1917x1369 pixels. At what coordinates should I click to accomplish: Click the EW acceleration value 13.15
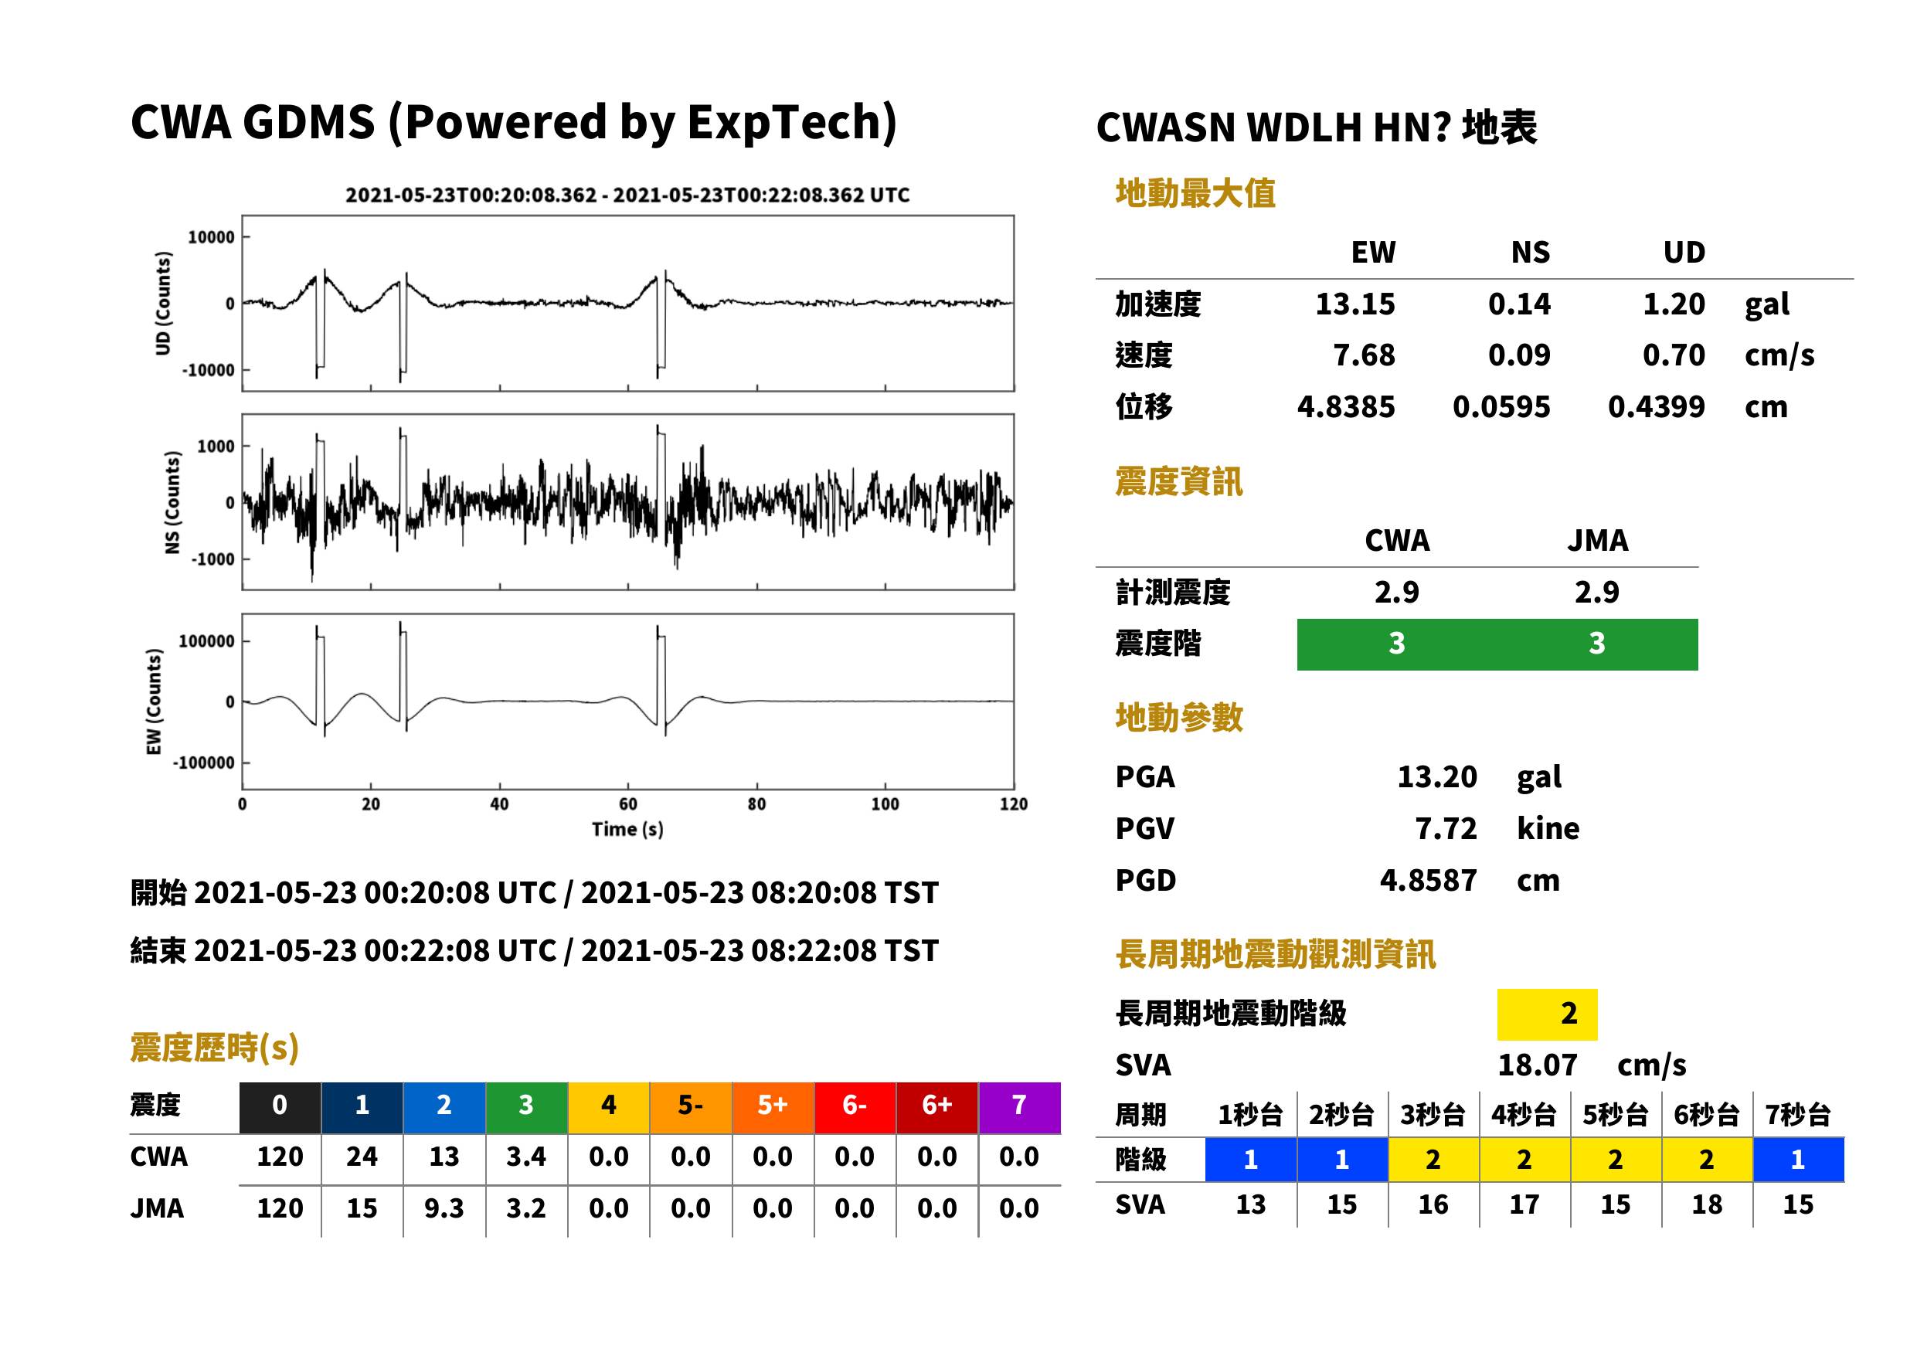pyautogui.click(x=1354, y=304)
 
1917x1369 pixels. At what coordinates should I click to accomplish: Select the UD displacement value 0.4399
pyautogui.click(x=1656, y=406)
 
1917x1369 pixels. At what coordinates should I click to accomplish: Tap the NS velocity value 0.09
pyautogui.click(x=1519, y=355)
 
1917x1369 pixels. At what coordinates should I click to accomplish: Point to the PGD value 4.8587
pyautogui.click(x=1428, y=880)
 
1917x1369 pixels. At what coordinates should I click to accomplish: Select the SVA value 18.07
pyautogui.click(x=1537, y=1065)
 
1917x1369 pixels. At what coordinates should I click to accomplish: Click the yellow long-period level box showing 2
pyautogui.click(x=1547, y=1014)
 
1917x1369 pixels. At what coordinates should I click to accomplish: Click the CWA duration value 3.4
pyautogui.click(x=526, y=1157)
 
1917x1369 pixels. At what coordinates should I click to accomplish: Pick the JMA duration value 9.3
pyautogui.click(x=444, y=1208)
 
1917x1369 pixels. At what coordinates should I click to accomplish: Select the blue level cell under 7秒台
pyautogui.click(x=1798, y=1160)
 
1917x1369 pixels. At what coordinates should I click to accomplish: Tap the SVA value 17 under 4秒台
pyautogui.click(x=1524, y=1204)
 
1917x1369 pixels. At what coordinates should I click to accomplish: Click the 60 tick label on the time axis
pyautogui.click(x=628, y=804)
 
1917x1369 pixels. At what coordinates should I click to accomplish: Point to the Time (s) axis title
pyautogui.click(x=627, y=830)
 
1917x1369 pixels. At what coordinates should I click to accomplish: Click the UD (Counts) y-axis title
pyautogui.click(x=163, y=303)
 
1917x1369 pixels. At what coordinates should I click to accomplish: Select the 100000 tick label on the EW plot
pyautogui.click(x=206, y=641)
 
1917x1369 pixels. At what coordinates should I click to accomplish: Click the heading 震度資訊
pyautogui.click(x=1178, y=482)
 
